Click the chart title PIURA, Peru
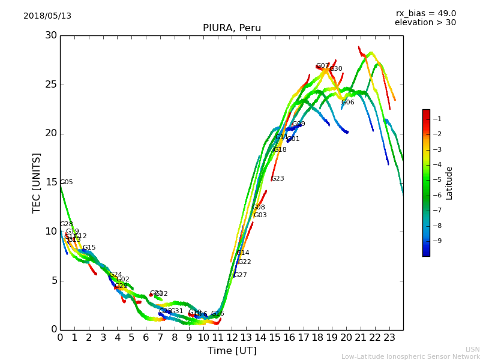232,28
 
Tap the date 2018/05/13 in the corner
47,16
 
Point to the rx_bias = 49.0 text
425,14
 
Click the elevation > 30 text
425,23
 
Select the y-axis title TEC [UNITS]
37,182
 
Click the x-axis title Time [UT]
232,351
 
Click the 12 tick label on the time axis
232,337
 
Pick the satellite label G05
67,182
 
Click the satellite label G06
348,103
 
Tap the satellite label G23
278,179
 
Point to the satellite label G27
241,275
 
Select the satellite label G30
336,69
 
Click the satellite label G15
89,248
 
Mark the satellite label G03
260,215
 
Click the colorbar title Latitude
449,183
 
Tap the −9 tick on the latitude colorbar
437,241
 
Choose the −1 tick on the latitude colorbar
437,119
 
